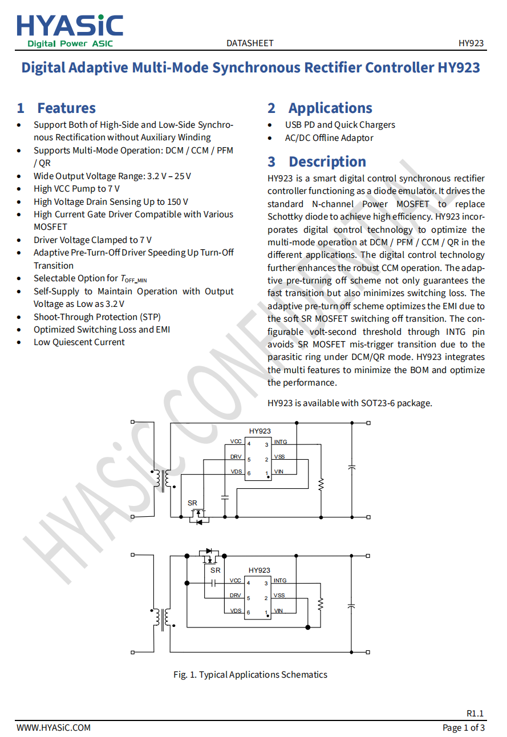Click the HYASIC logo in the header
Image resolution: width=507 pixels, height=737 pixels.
tap(70, 30)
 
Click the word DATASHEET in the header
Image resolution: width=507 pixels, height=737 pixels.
tap(250, 43)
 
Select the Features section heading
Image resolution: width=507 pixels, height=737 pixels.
tap(56, 108)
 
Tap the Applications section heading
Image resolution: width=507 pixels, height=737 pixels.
tap(320, 108)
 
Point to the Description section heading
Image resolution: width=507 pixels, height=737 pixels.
tap(317, 161)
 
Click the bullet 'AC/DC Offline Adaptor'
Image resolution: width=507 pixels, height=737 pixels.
tap(329, 137)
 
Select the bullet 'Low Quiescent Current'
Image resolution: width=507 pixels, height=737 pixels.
tap(79, 342)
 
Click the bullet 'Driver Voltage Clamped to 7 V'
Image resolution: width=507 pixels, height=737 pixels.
tap(92, 240)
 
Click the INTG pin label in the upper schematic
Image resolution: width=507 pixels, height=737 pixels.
tap(281, 442)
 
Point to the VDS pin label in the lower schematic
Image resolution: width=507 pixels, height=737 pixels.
tap(236, 611)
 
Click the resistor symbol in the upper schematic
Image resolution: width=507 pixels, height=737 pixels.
tap(321, 484)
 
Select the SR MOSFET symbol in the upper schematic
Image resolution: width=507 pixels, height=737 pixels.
tap(197, 516)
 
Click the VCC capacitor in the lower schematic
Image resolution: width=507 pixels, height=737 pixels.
tap(214, 583)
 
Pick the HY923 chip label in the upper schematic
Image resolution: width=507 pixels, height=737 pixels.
tap(259, 431)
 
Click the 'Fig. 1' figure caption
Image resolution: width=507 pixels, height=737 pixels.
tap(250, 675)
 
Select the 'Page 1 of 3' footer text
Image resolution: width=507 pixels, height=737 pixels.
tap(464, 727)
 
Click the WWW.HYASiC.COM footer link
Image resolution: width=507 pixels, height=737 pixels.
tap(54, 727)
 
